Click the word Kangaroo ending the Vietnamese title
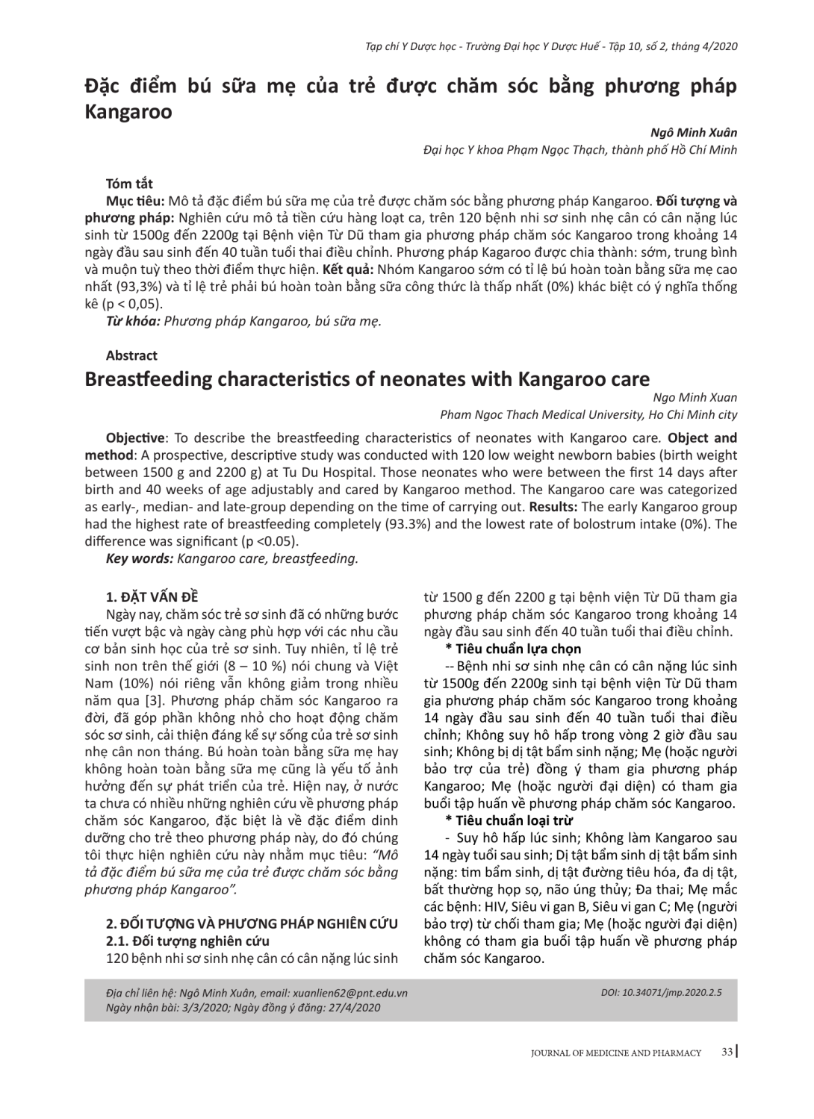[128, 112]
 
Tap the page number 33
[727, 1052]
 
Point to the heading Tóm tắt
[129, 184]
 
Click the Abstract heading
[131, 355]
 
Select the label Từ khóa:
[133, 321]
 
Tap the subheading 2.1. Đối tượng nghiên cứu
[187, 941]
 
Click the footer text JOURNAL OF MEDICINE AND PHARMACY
[616, 1053]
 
